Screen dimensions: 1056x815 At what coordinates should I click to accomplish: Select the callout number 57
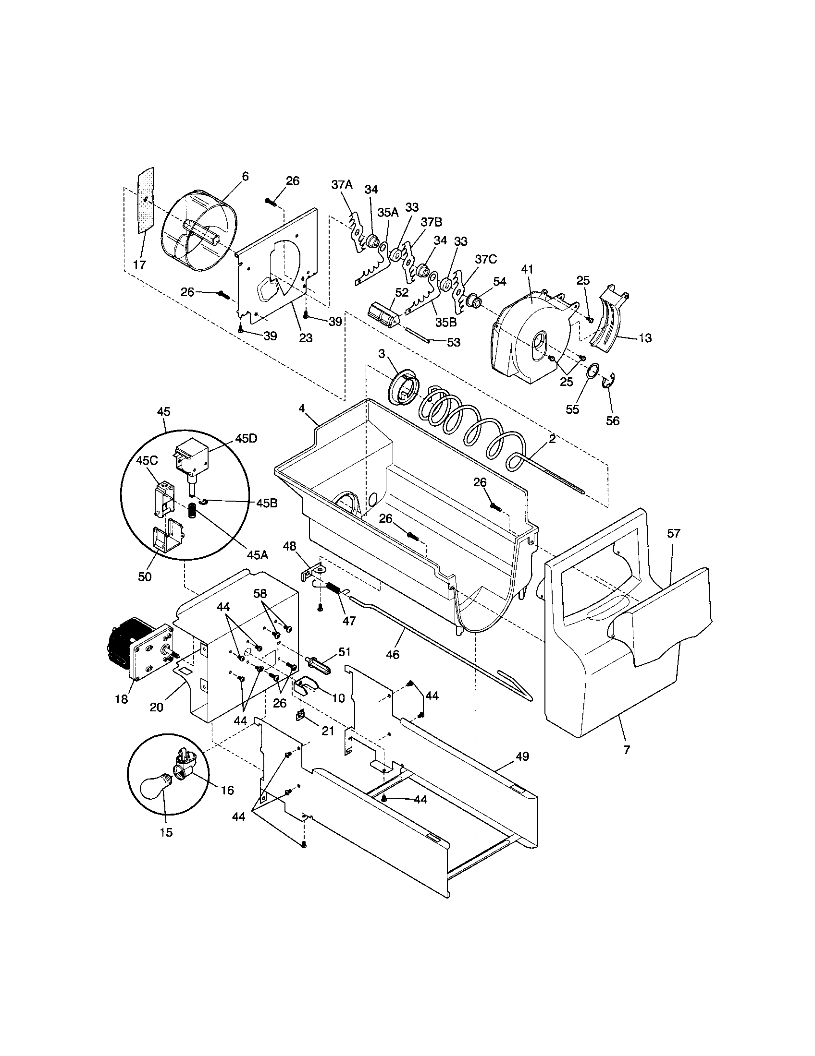pyautogui.click(x=674, y=534)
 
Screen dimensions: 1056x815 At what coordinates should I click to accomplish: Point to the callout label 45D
pyautogui.click(x=247, y=439)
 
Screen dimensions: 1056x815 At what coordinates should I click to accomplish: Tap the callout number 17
pyautogui.click(x=139, y=264)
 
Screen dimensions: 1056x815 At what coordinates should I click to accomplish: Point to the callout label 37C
pyautogui.click(x=485, y=260)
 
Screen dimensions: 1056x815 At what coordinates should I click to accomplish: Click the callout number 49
pyautogui.click(x=522, y=756)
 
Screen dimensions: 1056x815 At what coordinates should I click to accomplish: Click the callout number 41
pyautogui.click(x=527, y=269)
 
